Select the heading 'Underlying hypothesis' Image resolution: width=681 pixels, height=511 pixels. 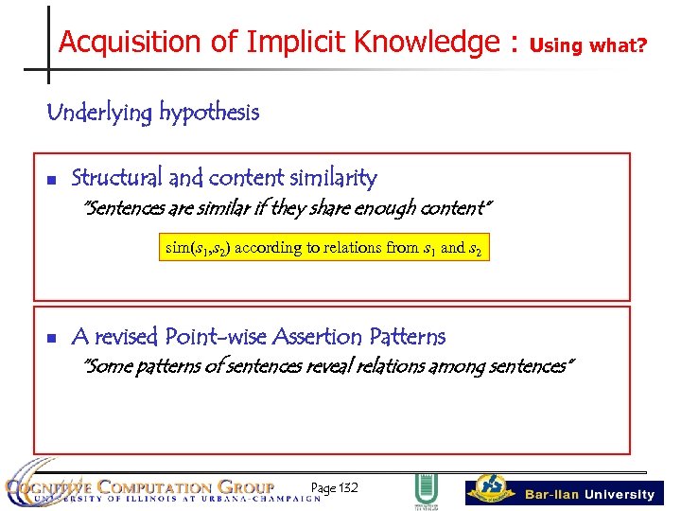point(152,113)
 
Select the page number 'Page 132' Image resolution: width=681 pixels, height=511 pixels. point(334,488)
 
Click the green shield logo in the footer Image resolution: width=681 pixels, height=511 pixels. point(426,491)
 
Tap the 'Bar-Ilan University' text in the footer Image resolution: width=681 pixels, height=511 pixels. point(589,494)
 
